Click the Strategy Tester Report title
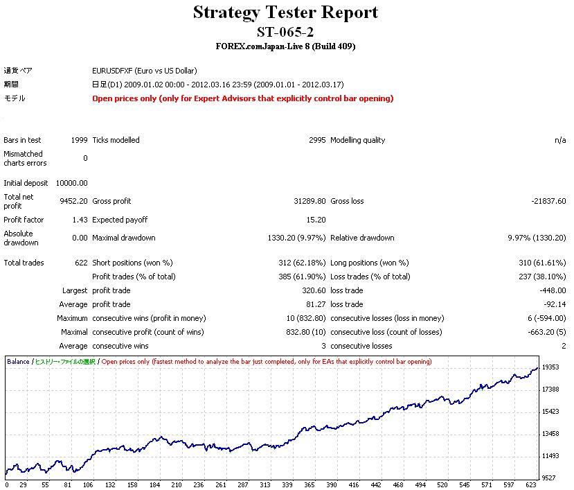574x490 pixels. coord(285,12)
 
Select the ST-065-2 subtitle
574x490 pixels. coord(285,32)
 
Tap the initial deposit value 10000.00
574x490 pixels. coord(71,183)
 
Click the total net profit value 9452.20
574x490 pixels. coord(74,201)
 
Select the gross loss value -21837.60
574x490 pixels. coord(547,201)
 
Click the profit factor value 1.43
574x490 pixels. coord(80,220)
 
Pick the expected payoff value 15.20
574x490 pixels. coord(316,220)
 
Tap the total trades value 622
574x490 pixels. coord(81,263)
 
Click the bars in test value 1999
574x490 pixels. coord(79,140)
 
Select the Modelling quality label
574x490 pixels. coord(357,140)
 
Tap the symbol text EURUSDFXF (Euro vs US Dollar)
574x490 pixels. coord(144,71)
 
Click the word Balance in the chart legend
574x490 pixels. coord(18,362)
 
